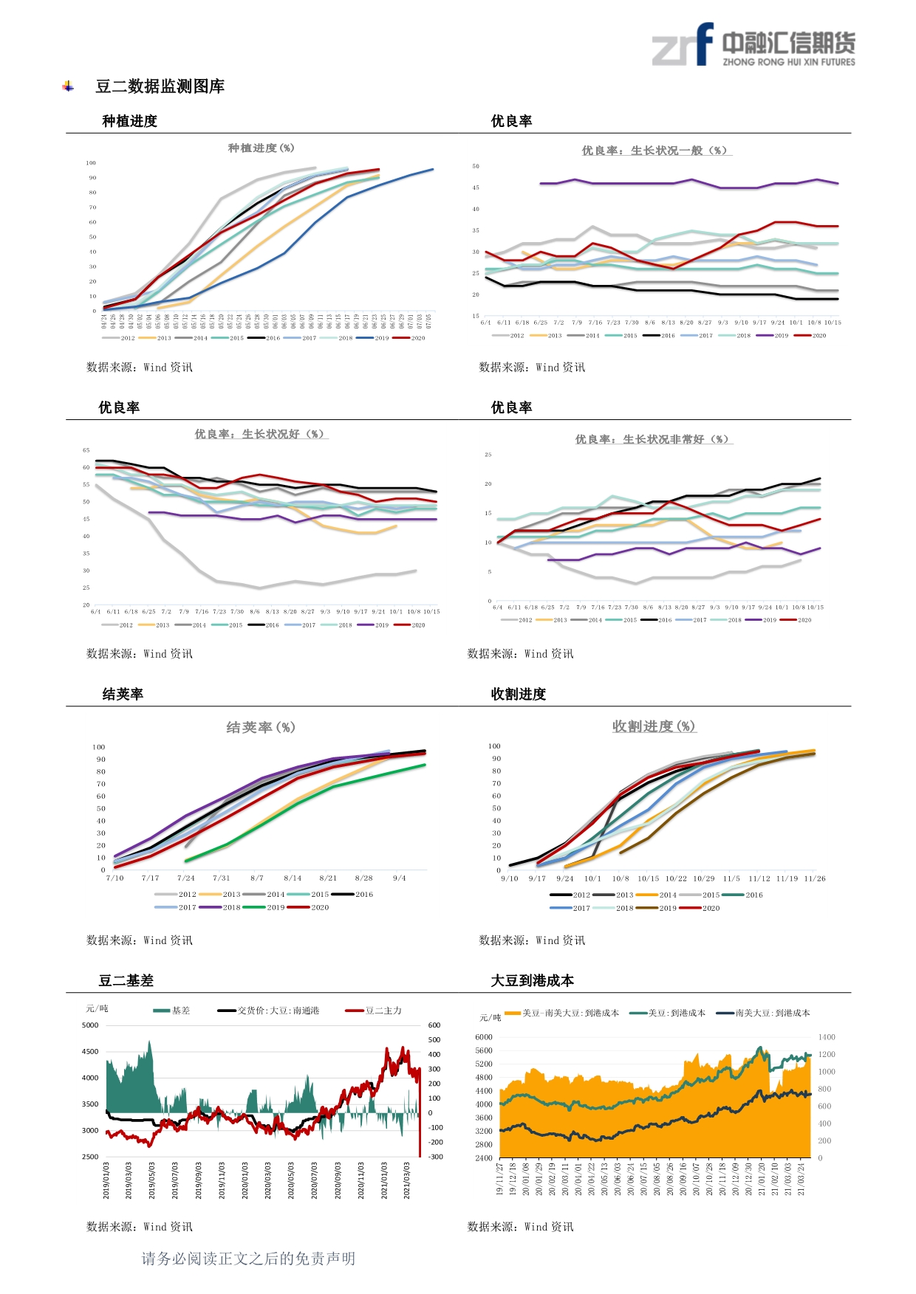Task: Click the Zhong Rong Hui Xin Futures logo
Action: click(753, 46)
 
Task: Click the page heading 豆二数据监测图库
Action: click(160, 86)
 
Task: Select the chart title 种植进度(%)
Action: click(261, 148)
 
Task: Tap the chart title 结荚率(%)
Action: click(261, 728)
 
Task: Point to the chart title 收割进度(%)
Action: click(654, 726)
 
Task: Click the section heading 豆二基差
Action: click(126, 980)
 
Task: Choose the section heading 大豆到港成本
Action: click(533, 980)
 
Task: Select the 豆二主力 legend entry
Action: click(375, 1011)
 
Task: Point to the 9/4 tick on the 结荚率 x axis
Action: click(400, 878)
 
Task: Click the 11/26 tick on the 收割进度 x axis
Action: click(815, 878)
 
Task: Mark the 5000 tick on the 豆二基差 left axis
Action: click(90, 1025)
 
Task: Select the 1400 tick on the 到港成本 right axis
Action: click(827, 1037)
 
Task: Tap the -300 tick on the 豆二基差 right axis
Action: click(436, 1157)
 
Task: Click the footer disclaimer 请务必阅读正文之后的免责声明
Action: click(248, 1259)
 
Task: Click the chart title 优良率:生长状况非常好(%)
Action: click(654, 439)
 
